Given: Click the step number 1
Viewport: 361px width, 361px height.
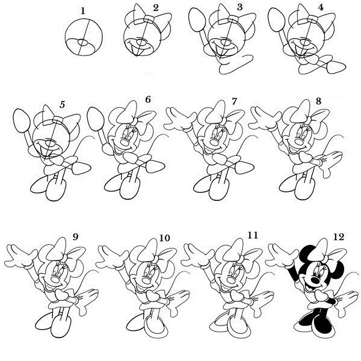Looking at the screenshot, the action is tap(83, 11).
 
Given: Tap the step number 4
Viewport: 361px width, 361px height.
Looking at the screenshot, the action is tap(321, 7).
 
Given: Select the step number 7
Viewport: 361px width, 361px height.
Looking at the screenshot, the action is tap(234, 102).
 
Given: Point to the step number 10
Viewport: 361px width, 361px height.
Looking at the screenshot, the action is tap(164, 238).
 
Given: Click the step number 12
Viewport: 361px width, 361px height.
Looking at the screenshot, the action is tap(338, 237).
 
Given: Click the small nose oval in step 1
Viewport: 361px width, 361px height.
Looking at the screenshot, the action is tap(82, 42).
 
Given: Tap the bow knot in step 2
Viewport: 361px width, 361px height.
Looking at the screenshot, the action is tap(149, 19).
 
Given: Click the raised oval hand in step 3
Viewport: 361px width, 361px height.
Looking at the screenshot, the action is tap(197, 20).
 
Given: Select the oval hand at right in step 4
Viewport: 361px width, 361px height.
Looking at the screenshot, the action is tap(336, 67).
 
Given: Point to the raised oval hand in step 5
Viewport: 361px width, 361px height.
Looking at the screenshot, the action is tap(22, 120).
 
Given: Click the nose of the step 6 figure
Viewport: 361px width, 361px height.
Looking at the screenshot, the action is tap(126, 143).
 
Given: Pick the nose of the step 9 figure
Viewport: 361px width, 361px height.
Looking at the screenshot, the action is tap(55, 280).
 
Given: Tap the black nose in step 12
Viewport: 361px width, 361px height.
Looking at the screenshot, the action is tap(315, 280).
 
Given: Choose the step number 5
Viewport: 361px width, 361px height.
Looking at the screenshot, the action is tap(62, 104).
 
